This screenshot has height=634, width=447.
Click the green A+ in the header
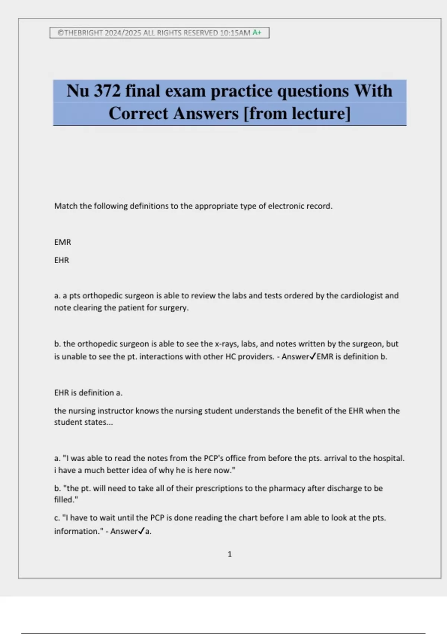(257, 32)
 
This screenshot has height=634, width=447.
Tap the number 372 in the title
(107, 91)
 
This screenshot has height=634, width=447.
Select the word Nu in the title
(77, 91)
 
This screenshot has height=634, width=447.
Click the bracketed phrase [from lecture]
(297, 113)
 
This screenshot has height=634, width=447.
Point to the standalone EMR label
(63, 242)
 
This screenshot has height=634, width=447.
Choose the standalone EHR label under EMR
(61, 260)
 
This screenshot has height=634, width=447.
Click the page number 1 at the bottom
(229, 554)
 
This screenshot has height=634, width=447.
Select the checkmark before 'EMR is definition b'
(313, 357)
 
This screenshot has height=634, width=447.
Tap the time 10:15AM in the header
(235, 33)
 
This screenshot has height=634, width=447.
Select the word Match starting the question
(66, 206)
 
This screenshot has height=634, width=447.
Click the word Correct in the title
(138, 113)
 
